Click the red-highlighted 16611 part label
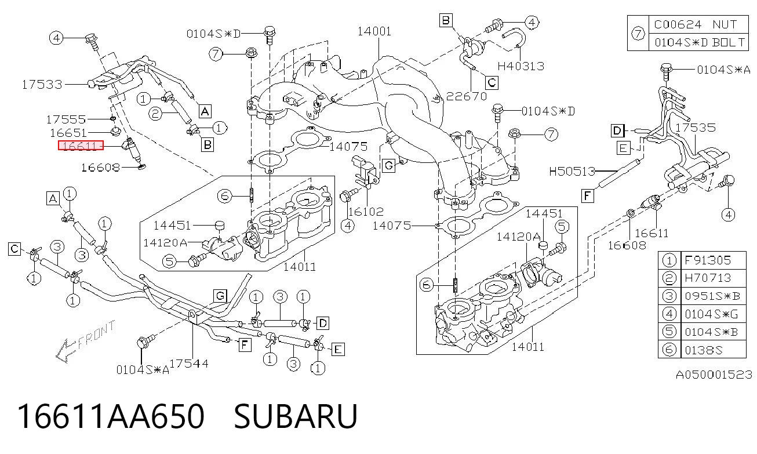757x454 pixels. (81, 146)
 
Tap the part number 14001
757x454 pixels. (374, 31)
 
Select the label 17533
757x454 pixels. (42, 85)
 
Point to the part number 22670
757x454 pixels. (467, 96)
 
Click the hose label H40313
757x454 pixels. (521, 66)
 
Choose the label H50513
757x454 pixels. (572, 172)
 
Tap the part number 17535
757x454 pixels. (696, 128)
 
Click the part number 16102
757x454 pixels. (366, 212)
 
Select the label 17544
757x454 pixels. (189, 364)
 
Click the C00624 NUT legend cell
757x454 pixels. (698, 24)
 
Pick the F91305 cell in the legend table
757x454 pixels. (713, 260)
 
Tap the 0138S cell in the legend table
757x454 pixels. (713, 350)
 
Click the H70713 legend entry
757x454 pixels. (713, 278)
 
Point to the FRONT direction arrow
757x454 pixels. (85, 342)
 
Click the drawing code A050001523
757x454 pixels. (714, 375)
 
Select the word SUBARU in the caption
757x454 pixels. (296, 416)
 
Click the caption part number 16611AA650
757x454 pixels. (111, 416)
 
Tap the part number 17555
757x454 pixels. (66, 119)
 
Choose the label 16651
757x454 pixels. (68, 133)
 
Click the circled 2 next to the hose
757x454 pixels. (155, 113)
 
